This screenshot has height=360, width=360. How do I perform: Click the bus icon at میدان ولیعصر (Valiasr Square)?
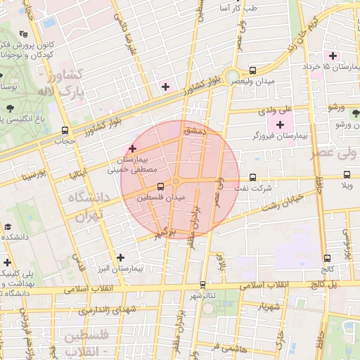click(x=252, y=71)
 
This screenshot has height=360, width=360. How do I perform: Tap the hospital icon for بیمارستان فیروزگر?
click(x=281, y=124)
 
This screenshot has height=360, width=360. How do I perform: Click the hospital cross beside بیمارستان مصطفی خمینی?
click(x=132, y=148)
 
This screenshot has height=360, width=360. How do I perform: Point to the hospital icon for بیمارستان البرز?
click(x=121, y=257)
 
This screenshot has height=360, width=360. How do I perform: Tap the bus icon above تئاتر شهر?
click(x=202, y=284)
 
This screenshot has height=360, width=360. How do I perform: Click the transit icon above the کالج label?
click(x=328, y=258)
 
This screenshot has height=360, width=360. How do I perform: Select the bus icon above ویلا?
click(x=346, y=175)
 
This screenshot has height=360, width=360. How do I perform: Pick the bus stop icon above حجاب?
click(x=65, y=130)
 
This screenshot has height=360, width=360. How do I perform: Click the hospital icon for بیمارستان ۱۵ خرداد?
click(x=333, y=56)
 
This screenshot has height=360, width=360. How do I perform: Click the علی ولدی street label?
click(x=275, y=110)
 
